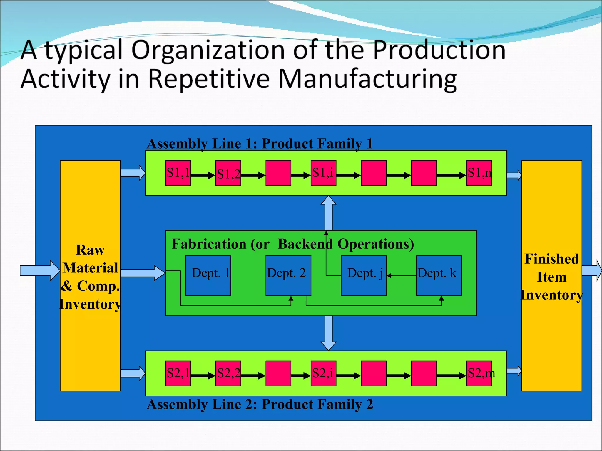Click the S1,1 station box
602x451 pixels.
178,173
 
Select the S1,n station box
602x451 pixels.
479,173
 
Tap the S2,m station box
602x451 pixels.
479,373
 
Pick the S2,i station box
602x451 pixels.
323,373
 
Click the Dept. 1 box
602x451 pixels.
208,275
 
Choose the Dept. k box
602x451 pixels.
439,275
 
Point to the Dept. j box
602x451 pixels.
364,275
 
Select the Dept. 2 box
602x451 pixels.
288,275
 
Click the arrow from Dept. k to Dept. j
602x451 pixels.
401,276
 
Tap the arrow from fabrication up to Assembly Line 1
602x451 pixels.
328,213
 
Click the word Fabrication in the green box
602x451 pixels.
209,244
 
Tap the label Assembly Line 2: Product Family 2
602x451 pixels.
260,404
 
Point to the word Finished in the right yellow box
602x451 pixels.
552,259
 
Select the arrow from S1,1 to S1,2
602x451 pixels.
203,176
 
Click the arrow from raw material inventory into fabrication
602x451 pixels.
143,273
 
